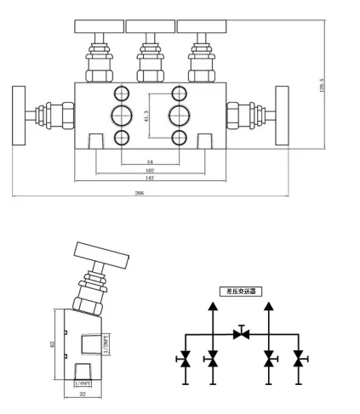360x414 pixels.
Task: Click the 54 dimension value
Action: point(150,160)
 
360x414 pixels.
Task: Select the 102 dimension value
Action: point(150,170)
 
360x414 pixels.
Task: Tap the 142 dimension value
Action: point(150,179)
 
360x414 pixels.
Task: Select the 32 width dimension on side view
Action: point(83,395)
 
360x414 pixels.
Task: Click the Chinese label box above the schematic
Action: point(240,291)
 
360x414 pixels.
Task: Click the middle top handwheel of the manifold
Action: point(150,26)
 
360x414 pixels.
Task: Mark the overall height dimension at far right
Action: point(323,85)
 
